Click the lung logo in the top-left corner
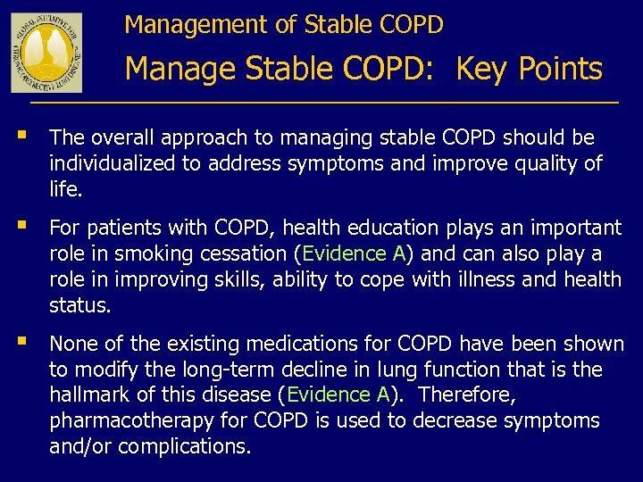tap(46, 53)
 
